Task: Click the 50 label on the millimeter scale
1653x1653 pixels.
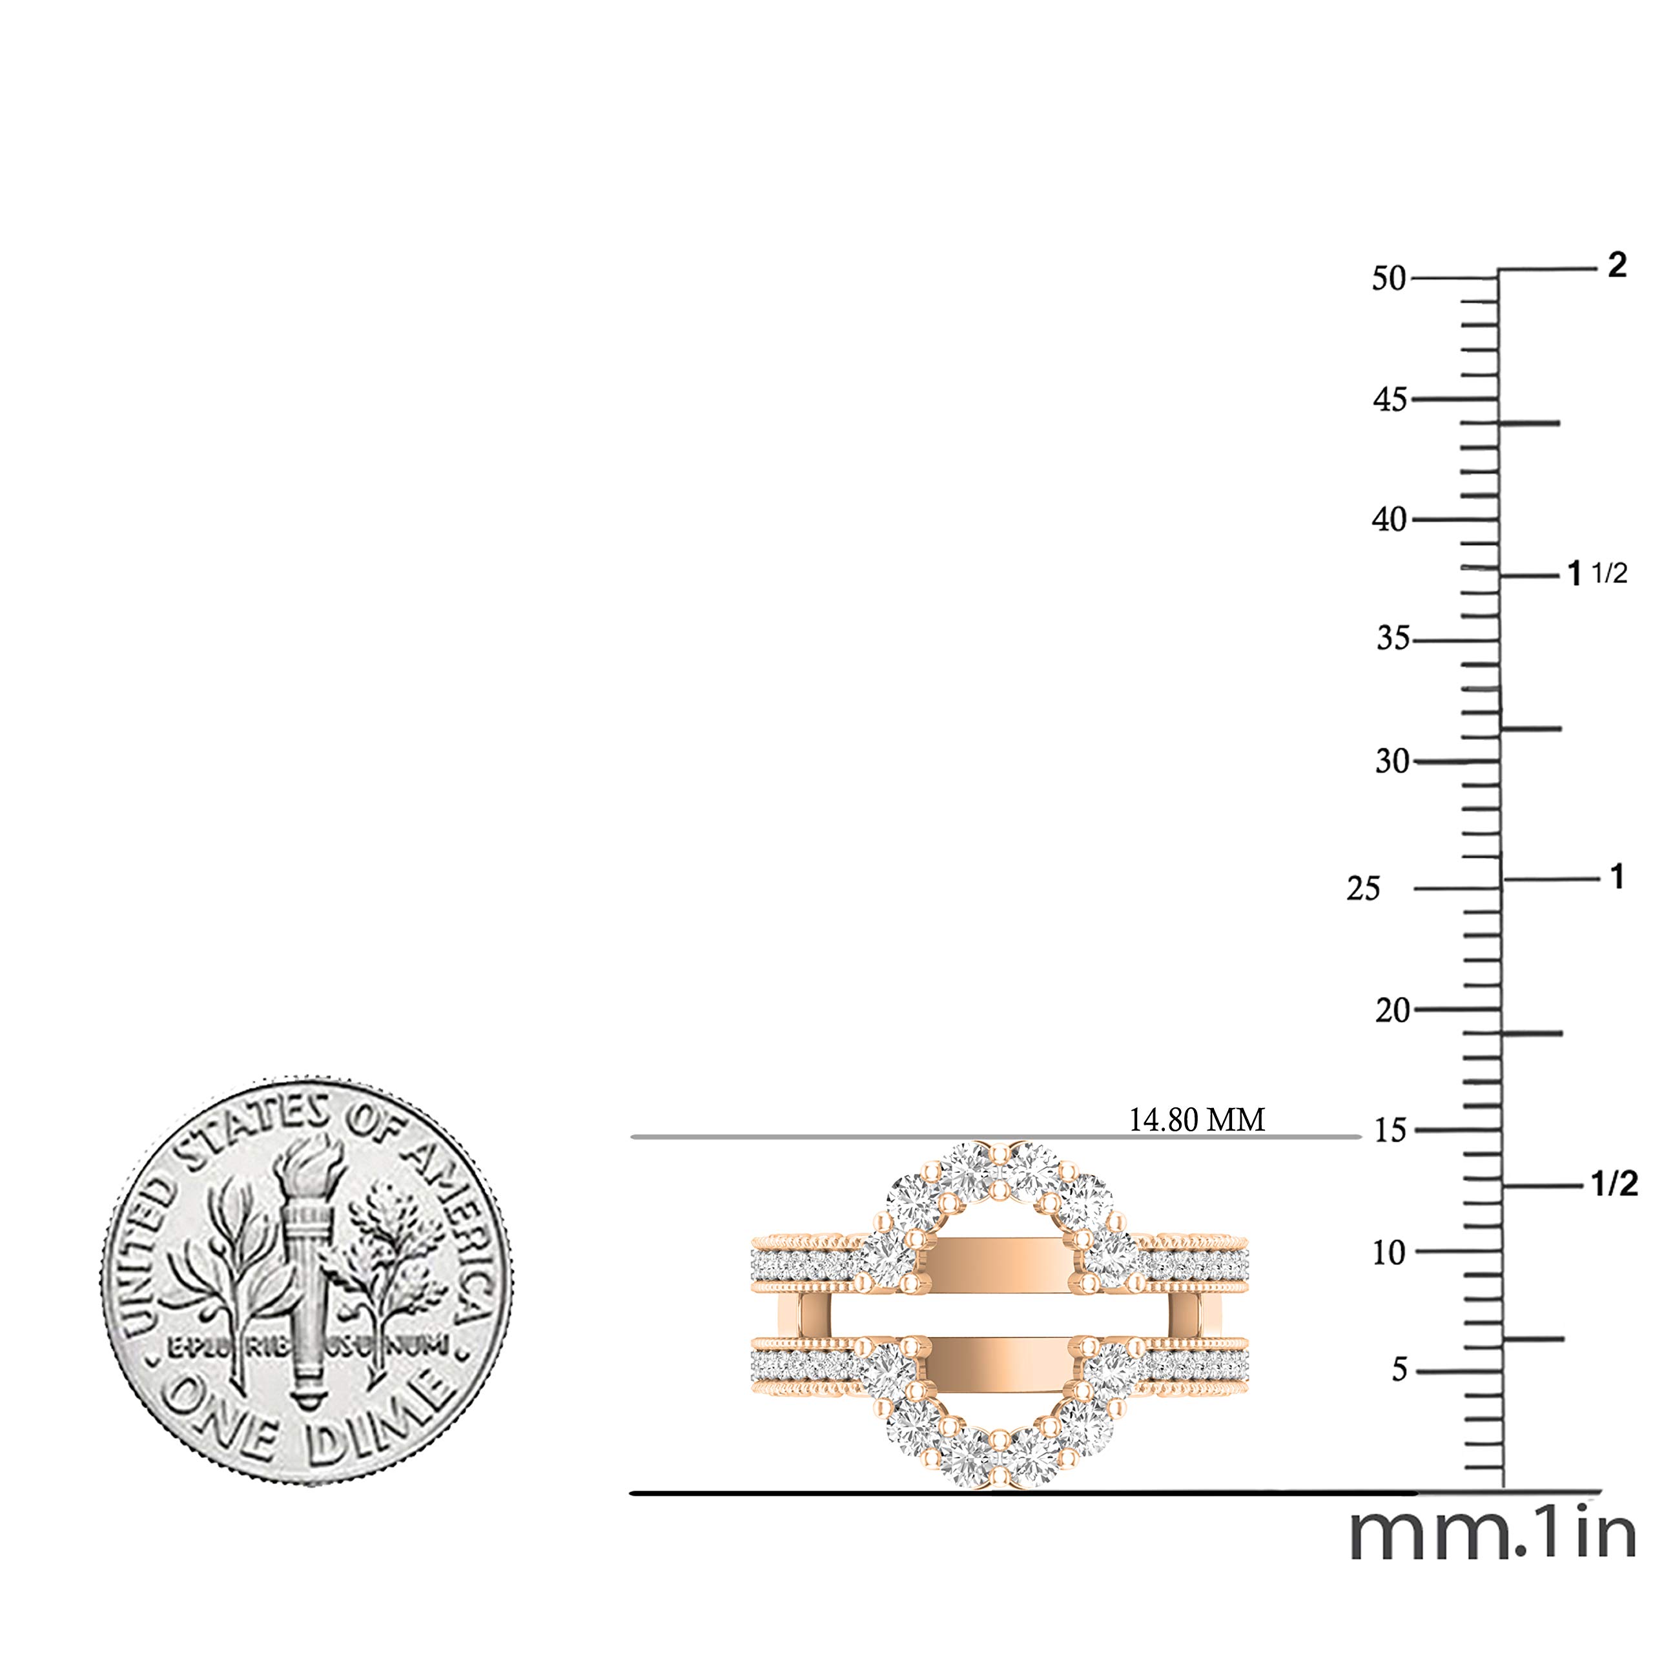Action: point(1390,279)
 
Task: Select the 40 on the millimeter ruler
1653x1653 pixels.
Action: point(1390,519)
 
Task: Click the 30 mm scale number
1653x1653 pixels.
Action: point(1392,761)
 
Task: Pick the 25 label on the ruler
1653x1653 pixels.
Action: point(1364,889)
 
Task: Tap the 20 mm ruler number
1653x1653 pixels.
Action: point(1392,1011)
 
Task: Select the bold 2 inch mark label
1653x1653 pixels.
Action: point(1616,266)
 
